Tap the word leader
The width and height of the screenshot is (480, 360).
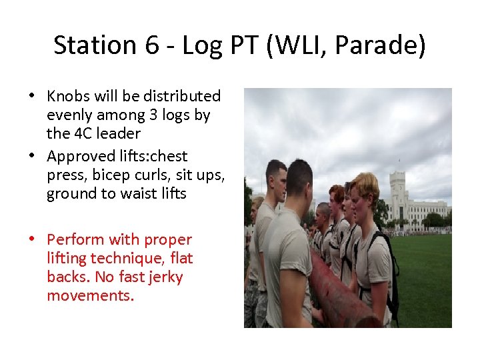(111, 133)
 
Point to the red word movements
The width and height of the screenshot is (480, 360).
(90, 295)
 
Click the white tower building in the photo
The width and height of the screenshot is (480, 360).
(398, 193)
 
